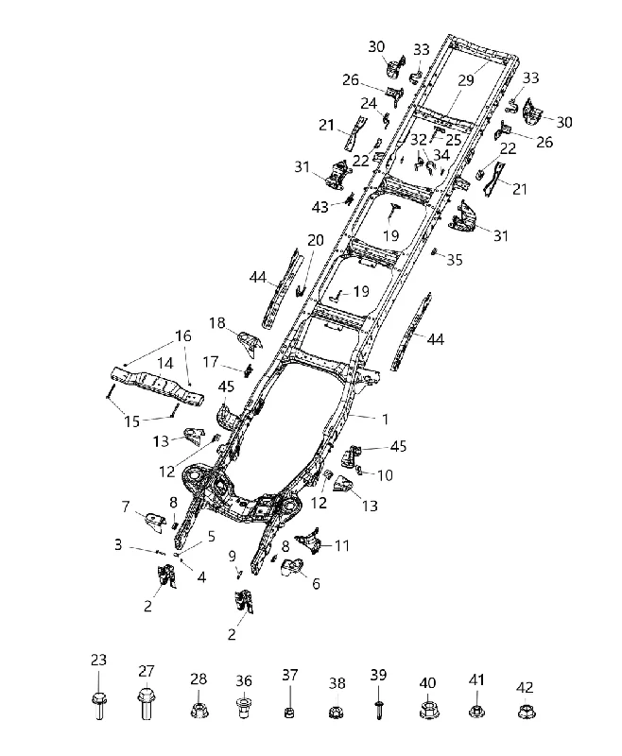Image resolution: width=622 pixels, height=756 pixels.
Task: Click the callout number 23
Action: (x=98, y=660)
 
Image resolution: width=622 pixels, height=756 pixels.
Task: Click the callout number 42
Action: (x=525, y=687)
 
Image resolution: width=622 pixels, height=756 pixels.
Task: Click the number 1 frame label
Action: (x=385, y=420)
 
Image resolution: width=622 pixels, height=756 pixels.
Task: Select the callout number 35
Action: (x=455, y=260)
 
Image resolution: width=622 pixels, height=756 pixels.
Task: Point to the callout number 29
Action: (x=466, y=80)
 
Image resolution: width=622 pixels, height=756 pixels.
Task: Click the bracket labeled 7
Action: (x=153, y=523)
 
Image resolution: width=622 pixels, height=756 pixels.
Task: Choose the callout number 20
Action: (x=316, y=240)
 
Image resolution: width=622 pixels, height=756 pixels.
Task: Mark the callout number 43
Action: (x=320, y=207)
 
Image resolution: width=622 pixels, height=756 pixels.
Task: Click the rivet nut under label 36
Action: (x=244, y=708)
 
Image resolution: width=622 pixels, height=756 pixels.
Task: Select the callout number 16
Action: (x=183, y=335)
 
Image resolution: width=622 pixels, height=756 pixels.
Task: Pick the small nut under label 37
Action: (x=289, y=712)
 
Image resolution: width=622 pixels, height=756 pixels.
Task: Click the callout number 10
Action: (x=386, y=475)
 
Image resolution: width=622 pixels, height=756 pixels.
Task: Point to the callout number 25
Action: (x=454, y=139)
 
